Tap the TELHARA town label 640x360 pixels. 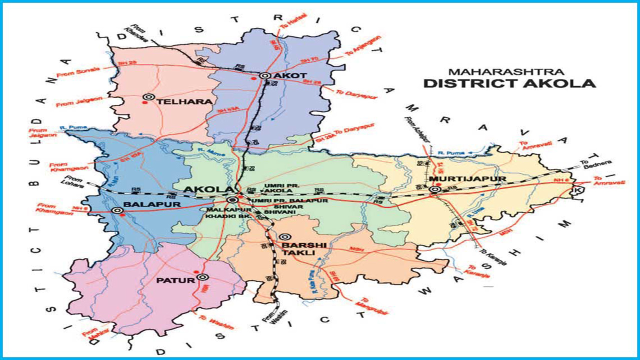point(178,101)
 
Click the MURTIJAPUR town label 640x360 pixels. point(467,178)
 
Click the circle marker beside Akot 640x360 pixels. point(264,76)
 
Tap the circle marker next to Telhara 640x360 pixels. point(148,97)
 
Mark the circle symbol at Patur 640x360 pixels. point(202,276)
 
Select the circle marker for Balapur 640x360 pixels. point(117,210)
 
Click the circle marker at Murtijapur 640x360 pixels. point(434,189)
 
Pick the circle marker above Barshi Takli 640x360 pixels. point(284,237)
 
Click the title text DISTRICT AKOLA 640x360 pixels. point(509,83)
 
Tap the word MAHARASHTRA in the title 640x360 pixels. point(506,72)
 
